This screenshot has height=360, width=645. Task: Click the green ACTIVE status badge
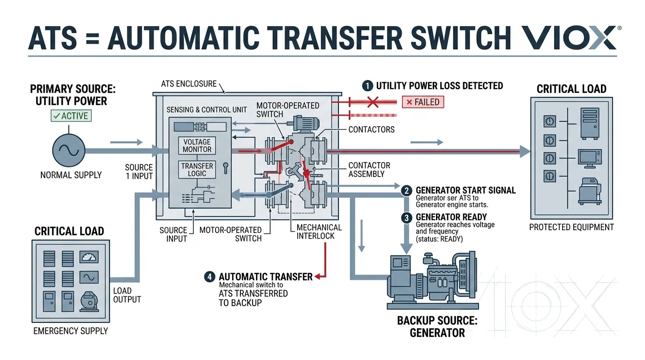[72, 116]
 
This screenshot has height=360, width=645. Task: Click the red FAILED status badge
[422, 102]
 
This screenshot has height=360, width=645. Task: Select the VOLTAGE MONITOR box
[197, 146]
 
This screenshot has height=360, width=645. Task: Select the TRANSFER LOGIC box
[197, 170]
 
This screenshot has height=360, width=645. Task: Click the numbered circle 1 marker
[368, 86]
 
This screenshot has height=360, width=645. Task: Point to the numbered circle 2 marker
[407, 191]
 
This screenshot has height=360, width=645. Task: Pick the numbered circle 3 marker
[407, 217]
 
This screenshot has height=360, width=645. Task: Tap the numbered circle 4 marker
[210, 277]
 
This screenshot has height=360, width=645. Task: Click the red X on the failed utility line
[373, 102]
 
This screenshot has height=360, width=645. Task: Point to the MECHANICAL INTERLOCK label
[319, 232]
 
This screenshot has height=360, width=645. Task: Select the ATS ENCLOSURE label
[189, 84]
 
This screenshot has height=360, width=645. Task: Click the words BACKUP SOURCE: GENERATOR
[431, 327]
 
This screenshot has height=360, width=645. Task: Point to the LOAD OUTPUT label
[127, 295]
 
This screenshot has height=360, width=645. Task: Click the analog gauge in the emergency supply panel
[89, 256]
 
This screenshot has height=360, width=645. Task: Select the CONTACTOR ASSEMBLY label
[369, 170]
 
